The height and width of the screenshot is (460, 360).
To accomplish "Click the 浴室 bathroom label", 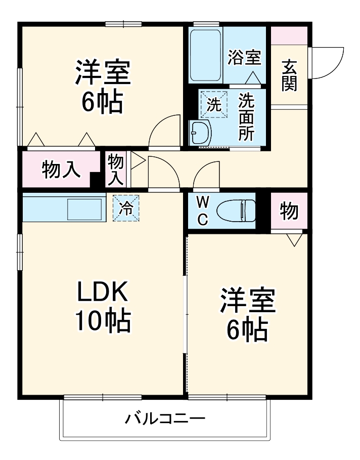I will (244, 58).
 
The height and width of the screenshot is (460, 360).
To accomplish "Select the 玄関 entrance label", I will (290, 75).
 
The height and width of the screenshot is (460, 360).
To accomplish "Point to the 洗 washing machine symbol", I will (213, 105).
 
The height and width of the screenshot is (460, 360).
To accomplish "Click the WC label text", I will (202, 211).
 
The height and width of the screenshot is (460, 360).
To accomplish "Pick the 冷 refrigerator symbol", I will (125, 207).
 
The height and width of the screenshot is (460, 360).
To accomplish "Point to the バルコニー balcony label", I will (165, 419).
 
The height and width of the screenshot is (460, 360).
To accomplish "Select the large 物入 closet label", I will (61, 170).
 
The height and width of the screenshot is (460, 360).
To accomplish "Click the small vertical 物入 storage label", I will (116, 170).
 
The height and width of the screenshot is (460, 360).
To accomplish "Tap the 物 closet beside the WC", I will (289, 211).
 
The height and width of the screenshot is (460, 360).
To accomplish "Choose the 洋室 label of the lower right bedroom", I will (247, 302).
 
